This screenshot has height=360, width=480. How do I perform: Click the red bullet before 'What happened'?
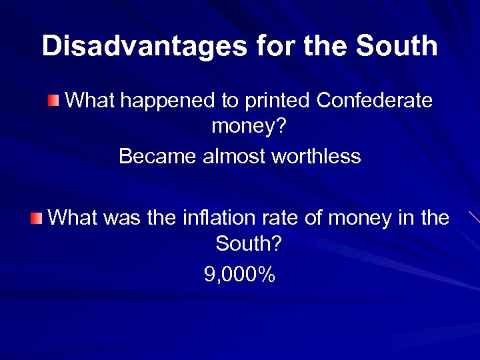(53, 101)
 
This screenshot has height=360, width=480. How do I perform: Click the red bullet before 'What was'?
(37, 217)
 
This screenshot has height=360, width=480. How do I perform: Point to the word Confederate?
(375, 101)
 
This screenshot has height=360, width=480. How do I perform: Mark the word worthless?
(317, 157)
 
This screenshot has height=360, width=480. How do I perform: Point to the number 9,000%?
(240, 274)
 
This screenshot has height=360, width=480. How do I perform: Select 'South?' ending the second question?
(249, 244)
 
